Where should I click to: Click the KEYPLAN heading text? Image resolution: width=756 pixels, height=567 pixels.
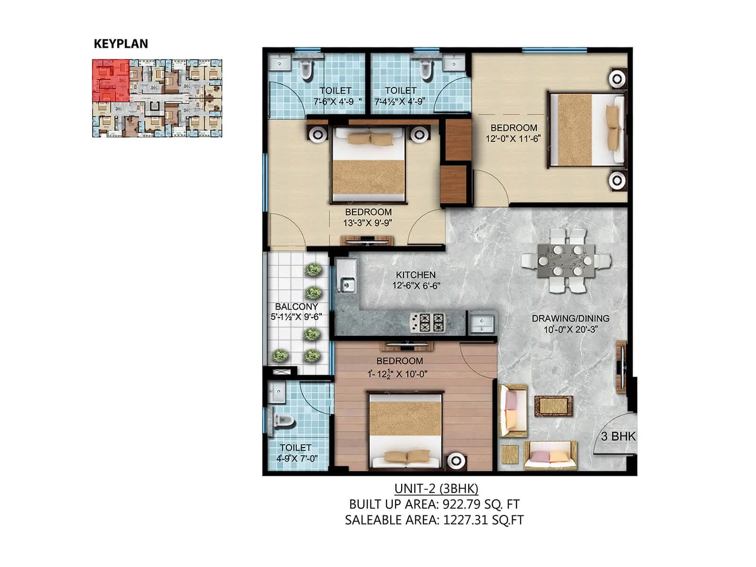tap(121, 44)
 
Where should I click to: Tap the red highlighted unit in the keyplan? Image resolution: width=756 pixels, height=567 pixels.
tap(111, 80)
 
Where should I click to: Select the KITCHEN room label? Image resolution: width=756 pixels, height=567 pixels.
tap(416, 275)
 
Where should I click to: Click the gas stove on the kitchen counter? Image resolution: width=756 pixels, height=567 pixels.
tap(427, 323)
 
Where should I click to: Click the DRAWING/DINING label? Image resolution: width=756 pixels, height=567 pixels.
tap(570, 318)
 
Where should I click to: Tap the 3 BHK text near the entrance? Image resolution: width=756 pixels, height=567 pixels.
tap(618, 437)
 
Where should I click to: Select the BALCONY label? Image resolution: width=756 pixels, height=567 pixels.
tap(296, 307)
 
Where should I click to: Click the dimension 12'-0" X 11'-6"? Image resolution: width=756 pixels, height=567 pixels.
tap(513, 139)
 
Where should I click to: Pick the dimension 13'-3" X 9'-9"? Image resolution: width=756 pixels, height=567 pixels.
tap(368, 223)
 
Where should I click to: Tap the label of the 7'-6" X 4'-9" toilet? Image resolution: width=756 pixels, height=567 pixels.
tap(335, 90)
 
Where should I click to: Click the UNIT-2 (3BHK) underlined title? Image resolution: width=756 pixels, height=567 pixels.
tap(436, 488)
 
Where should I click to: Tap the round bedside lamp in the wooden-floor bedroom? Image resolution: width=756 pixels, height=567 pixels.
tap(455, 460)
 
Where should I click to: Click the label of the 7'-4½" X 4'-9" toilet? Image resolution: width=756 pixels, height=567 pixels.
tap(401, 90)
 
